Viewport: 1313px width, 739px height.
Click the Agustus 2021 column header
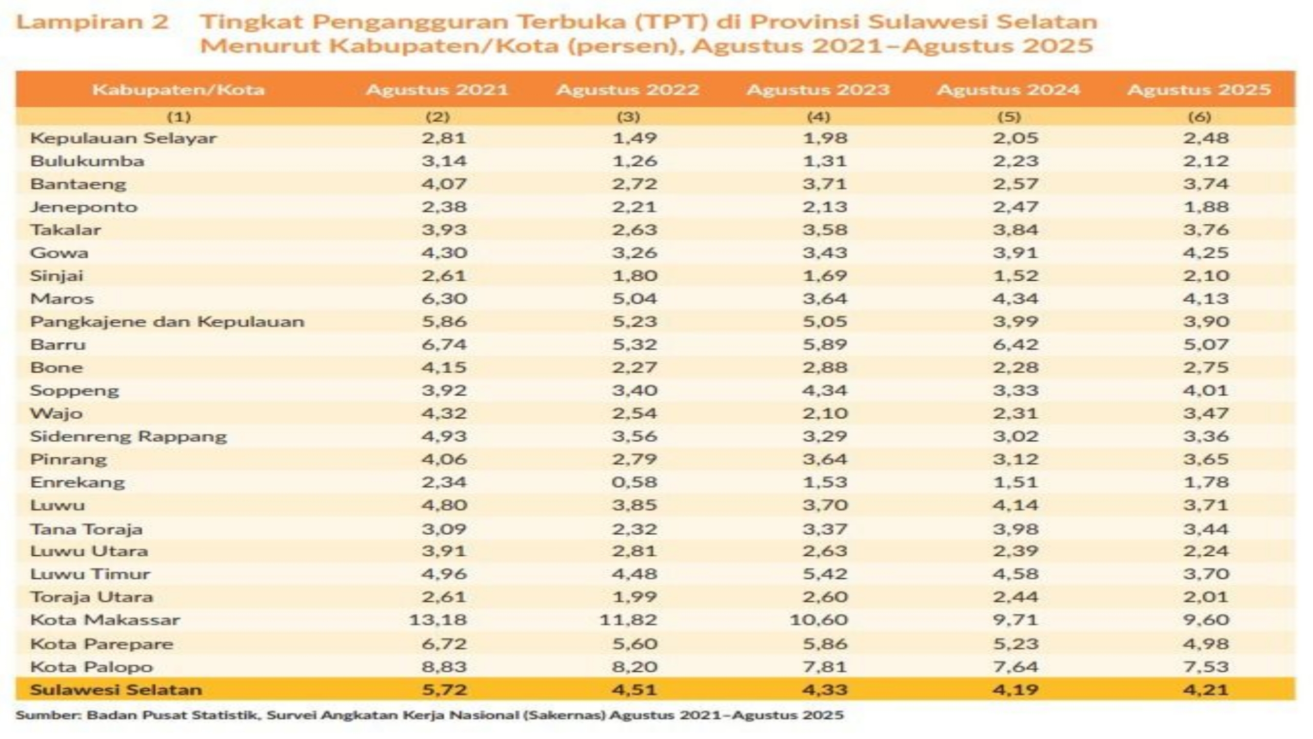(x=437, y=90)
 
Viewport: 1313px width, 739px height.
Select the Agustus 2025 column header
(x=1199, y=90)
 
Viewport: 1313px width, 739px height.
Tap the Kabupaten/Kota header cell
(x=178, y=90)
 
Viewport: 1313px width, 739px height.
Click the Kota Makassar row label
(x=105, y=620)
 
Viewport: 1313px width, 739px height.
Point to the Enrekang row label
(x=77, y=482)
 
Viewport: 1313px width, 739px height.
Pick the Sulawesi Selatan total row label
(x=116, y=690)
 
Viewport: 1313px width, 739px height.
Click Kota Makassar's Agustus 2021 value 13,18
(x=438, y=620)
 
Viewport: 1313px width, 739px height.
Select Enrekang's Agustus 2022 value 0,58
(x=634, y=482)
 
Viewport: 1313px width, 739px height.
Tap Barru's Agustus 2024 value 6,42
(x=1016, y=344)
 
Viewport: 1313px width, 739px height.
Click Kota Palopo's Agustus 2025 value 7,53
(x=1206, y=667)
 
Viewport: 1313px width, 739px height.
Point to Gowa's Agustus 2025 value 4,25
(x=1206, y=253)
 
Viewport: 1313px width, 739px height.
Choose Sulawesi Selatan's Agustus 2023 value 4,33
(x=825, y=690)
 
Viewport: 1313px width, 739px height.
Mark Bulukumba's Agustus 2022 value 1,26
(x=634, y=161)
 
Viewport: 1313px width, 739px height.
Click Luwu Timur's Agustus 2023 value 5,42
(x=825, y=574)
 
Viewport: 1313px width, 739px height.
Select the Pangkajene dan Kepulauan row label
(x=167, y=322)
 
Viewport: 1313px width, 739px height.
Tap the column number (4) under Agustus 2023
(x=819, y=117)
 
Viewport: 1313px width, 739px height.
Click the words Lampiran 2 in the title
(x=92, y=22)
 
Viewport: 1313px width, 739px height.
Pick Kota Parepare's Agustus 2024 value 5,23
(x=1016, y=644)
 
